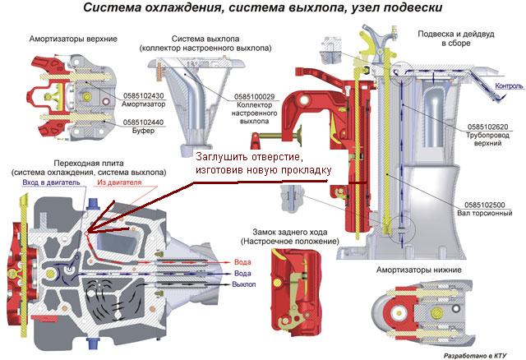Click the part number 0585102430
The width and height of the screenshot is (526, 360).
(143, 96)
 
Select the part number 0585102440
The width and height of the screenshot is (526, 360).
(144, 122)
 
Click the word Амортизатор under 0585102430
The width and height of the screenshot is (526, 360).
(144, 105)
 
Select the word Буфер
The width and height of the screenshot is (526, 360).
(143, 131)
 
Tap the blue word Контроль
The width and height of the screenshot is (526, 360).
(506, 85)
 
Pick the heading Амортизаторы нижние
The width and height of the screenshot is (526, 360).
(418, 270)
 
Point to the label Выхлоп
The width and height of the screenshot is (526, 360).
(244, 284)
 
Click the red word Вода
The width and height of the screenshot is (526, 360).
(242, 261)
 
